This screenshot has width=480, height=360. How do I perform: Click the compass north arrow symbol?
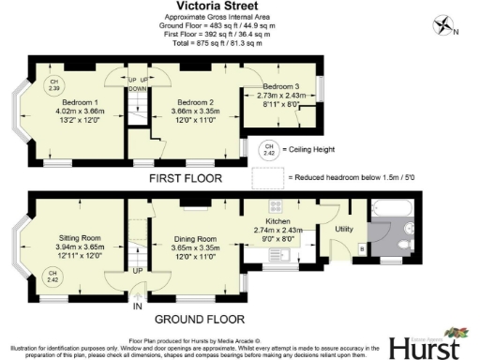443,27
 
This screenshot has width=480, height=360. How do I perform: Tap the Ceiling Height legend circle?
269,150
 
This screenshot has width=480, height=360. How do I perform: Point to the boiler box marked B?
362,248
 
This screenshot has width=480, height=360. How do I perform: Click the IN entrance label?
137,306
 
